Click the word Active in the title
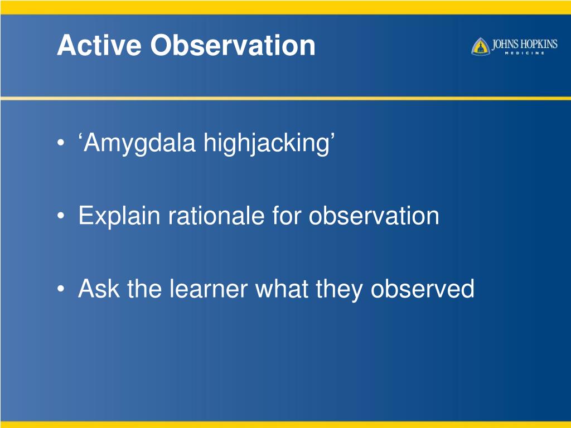coord(99,45)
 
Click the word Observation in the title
coord(233,45)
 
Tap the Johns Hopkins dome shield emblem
coord(480,47)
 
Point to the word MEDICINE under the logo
coord(524,53)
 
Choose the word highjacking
coord(267,143)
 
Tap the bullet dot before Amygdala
coord(61,142)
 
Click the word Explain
coord(119,216)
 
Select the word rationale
coord(216,216)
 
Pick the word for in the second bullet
coord(287,216)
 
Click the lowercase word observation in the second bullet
coord(374,216)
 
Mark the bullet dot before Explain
coord(61,216)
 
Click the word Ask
coord(99,289)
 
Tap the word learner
coord(209,289)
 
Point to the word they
coord(339,290)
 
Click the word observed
coord(423,289)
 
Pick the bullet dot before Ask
coord(61,289)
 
